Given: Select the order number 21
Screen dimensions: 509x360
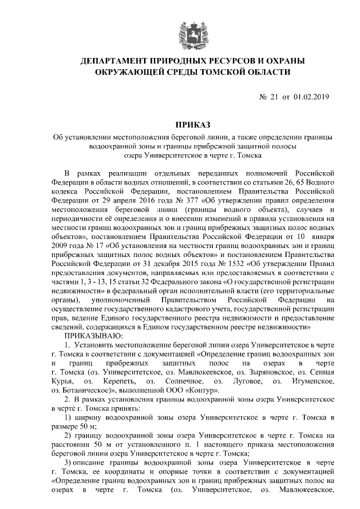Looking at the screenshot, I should coord(274,97).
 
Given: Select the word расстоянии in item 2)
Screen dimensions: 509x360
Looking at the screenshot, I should coord(72,445).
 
